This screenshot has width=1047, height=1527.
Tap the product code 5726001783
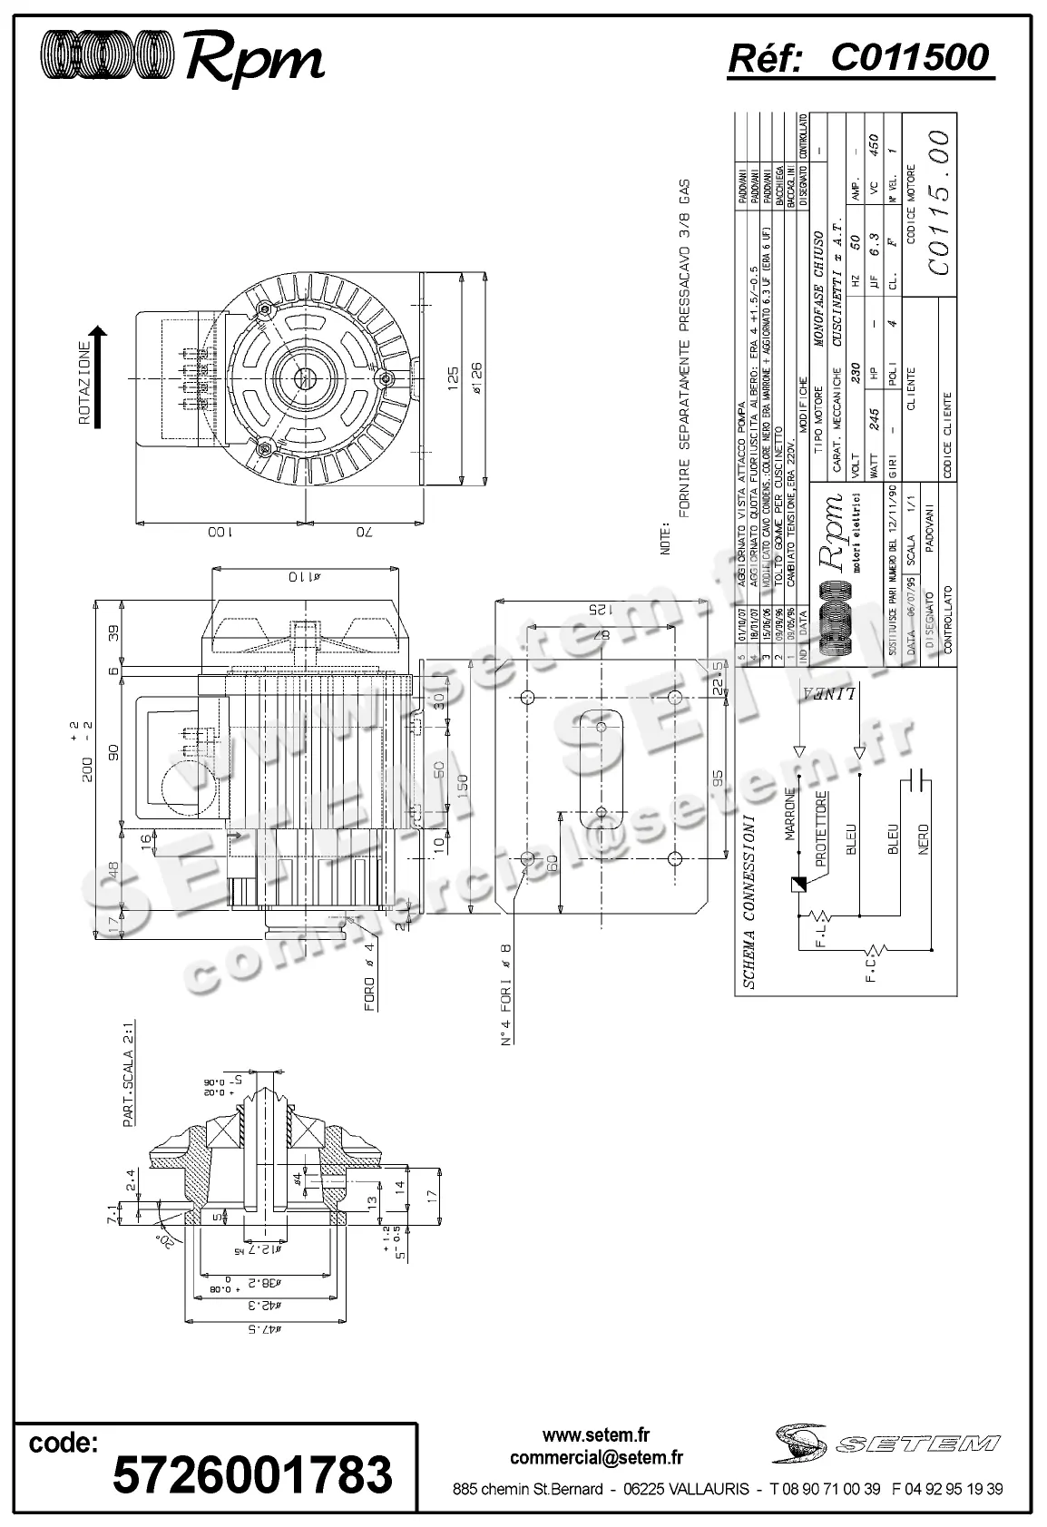pos(252,1473)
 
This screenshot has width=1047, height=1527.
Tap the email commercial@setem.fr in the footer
pos(596,1458)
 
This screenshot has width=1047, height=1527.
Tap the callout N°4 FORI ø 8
pos(507,994)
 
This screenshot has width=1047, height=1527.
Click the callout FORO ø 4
pos(370,977)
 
